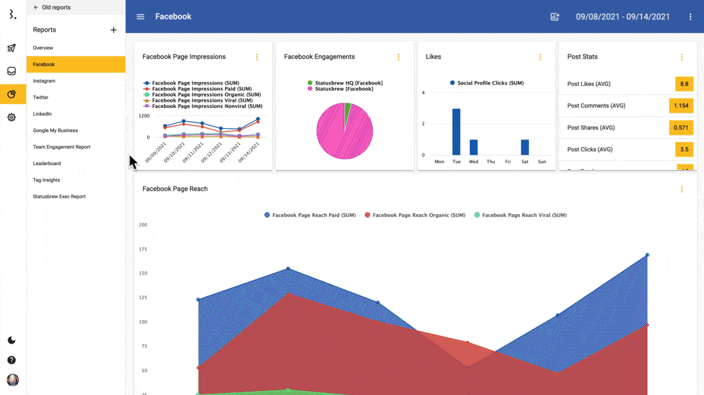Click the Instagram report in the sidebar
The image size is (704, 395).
click(44, 81)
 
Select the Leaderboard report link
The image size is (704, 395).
click(47, 164)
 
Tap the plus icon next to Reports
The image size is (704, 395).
click(114, 30)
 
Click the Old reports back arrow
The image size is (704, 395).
click(36, 8)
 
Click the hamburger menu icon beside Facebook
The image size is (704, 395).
click(141, 17)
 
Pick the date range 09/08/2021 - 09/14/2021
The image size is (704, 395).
click(622, 17)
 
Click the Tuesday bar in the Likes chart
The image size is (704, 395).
click(456, 131)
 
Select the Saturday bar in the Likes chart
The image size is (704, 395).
click(525, 147)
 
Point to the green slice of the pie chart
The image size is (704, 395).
click(348, 108)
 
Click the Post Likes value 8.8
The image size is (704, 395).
click(684, 84)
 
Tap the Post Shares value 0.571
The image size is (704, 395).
click(681, 128)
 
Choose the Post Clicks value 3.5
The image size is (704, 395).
click(684, 149)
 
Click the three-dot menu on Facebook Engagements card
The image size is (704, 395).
click(398, 57)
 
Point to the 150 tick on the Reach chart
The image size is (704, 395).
click(143, 273)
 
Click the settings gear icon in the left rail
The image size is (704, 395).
click(12, 118)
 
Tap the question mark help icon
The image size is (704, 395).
click(12, 360)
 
